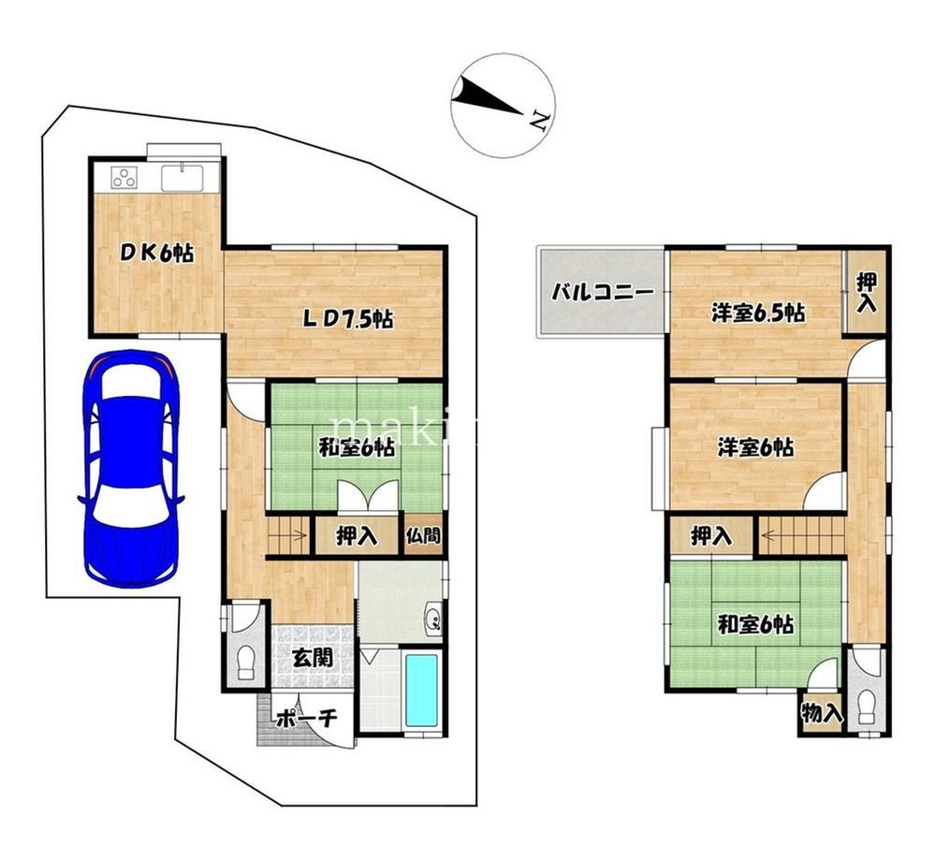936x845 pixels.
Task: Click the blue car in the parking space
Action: coord(131,469)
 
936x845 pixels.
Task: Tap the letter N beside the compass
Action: coord(540,121)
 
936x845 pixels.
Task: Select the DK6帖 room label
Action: coord(157,254)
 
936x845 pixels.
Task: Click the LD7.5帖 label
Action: coord(348,319)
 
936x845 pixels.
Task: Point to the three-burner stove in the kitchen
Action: coord(124,177)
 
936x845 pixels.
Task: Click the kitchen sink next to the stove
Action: coord(183,177)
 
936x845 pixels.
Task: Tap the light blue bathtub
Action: coord(421,691)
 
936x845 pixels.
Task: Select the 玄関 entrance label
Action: coord(313,658)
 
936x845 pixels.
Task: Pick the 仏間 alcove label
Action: coord(423,534)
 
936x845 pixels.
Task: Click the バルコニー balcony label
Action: coord(602,292)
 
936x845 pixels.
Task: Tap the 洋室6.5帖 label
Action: coord(757,313)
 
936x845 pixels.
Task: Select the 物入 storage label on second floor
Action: coord(822,712)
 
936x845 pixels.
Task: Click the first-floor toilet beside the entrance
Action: coord(246,663)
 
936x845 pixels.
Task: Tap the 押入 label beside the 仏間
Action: coord(357,536)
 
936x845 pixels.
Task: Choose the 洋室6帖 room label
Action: coord(755,447)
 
